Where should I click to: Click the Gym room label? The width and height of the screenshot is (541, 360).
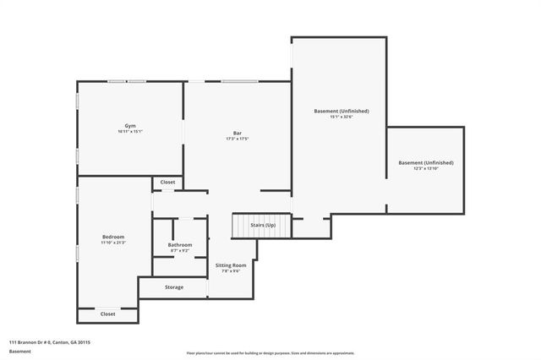tap(130, 126)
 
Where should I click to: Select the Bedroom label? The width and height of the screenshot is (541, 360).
tap(113, 237)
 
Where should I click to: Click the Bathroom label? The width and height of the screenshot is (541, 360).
tap(180, 245)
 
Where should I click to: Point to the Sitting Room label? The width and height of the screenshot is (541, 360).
tap(231, 265)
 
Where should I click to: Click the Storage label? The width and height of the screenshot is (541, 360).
tap(174, 287)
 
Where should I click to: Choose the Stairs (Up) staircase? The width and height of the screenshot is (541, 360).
tap(260, 226)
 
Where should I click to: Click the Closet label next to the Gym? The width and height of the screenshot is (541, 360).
tap(167, 182)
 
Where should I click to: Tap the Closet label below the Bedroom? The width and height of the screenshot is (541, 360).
tap(107, 314)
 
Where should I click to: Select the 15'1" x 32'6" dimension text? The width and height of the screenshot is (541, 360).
tap(342, 117)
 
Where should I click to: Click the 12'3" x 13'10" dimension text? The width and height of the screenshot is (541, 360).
tap(426, 169)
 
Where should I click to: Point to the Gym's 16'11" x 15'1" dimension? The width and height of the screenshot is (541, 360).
tap(130, 132)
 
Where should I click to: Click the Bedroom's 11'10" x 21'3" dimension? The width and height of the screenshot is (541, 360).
tap(113, 243)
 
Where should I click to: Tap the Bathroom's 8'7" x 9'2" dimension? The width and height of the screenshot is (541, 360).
tap(180, 251)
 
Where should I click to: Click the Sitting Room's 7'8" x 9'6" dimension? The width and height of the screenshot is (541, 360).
tap(231, 271)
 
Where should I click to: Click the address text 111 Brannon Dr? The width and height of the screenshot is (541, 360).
tap(50, 342)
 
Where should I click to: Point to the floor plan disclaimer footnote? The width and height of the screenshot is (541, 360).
tap(270, 352)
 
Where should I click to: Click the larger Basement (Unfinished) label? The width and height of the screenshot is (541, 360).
tap(342, 111)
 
